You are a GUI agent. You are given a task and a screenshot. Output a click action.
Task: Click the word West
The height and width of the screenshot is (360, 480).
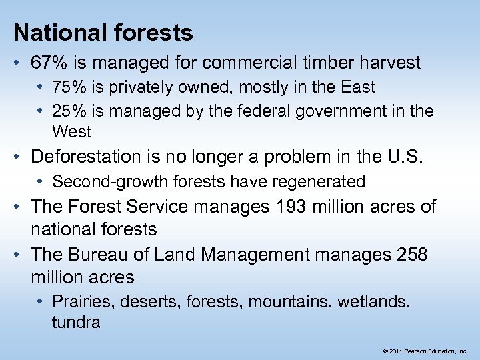71,131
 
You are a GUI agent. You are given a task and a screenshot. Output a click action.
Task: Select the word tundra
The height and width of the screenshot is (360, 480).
75,323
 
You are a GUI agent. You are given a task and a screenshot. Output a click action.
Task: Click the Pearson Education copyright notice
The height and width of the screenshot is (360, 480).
425,350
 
